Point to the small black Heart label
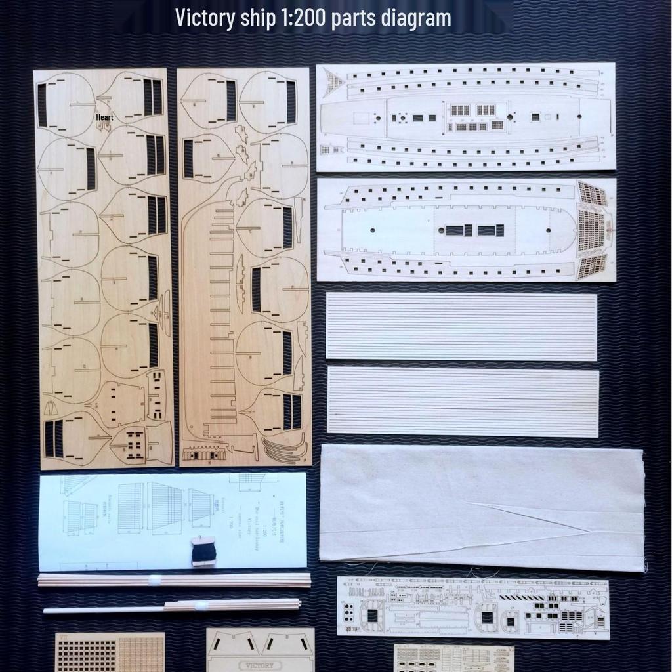[x=104, y=117]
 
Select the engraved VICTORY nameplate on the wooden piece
[x=261, y=665]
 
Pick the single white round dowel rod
[x=98, y=610]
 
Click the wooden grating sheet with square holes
[x=110, y=652]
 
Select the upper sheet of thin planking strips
[x=461, y=326]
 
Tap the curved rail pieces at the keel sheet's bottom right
[x=283, y=450]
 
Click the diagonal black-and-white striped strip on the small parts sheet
[x=522, y=598]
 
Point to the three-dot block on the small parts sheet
[x=350, y=612]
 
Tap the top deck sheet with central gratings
[x=465, y=117]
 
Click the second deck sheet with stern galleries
[x=466, y=230]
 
